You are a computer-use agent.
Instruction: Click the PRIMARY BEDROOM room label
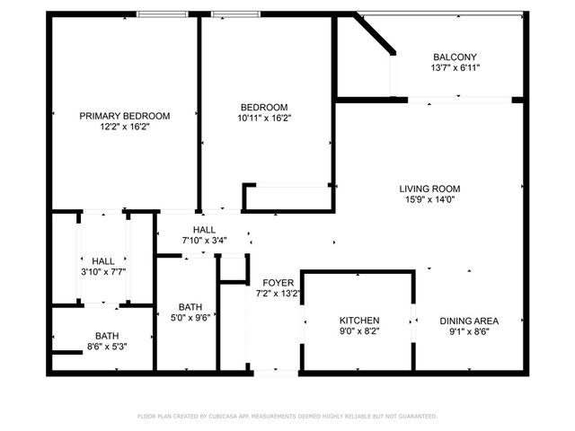[x=125, y=116]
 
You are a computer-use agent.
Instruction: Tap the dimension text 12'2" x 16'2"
[x=125, y=128]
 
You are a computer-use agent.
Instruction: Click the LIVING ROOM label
[x=429, y=189]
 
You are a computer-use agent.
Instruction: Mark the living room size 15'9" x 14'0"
[x=429, y=200]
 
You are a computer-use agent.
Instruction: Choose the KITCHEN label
[x=358, y=321]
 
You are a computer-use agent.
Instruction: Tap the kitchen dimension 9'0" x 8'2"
[x=358, y=332]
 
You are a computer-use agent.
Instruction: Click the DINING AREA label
[x=468, y=321]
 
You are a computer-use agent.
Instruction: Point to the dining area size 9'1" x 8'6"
[x=468, y=332]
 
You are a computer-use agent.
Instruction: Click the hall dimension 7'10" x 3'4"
[x=204, y=240]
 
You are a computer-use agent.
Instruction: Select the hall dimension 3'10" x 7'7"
[x=102, y=272]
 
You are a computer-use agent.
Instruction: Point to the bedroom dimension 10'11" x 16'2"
[x=264, y=118]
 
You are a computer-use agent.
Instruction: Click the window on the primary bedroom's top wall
[x=163, y=14]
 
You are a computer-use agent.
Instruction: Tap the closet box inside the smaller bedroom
[x=287, y=198]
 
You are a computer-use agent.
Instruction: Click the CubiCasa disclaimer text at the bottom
[x=287, y=417]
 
